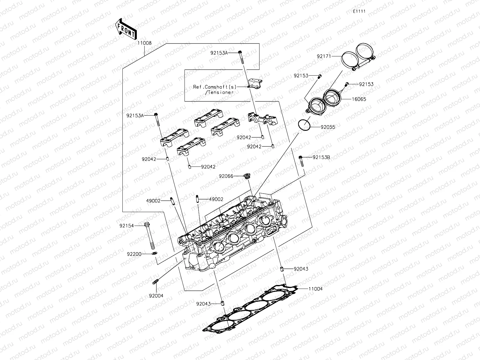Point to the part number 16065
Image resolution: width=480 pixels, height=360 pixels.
359,99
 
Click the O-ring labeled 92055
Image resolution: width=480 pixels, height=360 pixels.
304,125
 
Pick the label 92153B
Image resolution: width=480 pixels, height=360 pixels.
321,157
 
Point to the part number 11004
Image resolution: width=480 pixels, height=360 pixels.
315,289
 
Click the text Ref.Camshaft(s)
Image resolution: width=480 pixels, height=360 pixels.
215,87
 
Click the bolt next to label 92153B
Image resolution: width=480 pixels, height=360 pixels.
301,161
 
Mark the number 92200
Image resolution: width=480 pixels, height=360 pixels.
134,254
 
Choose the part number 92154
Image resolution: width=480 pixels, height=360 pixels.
126,225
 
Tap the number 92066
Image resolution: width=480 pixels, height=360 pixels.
226,176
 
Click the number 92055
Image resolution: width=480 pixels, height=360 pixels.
328,127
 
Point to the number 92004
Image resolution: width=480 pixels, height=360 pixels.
156,295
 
